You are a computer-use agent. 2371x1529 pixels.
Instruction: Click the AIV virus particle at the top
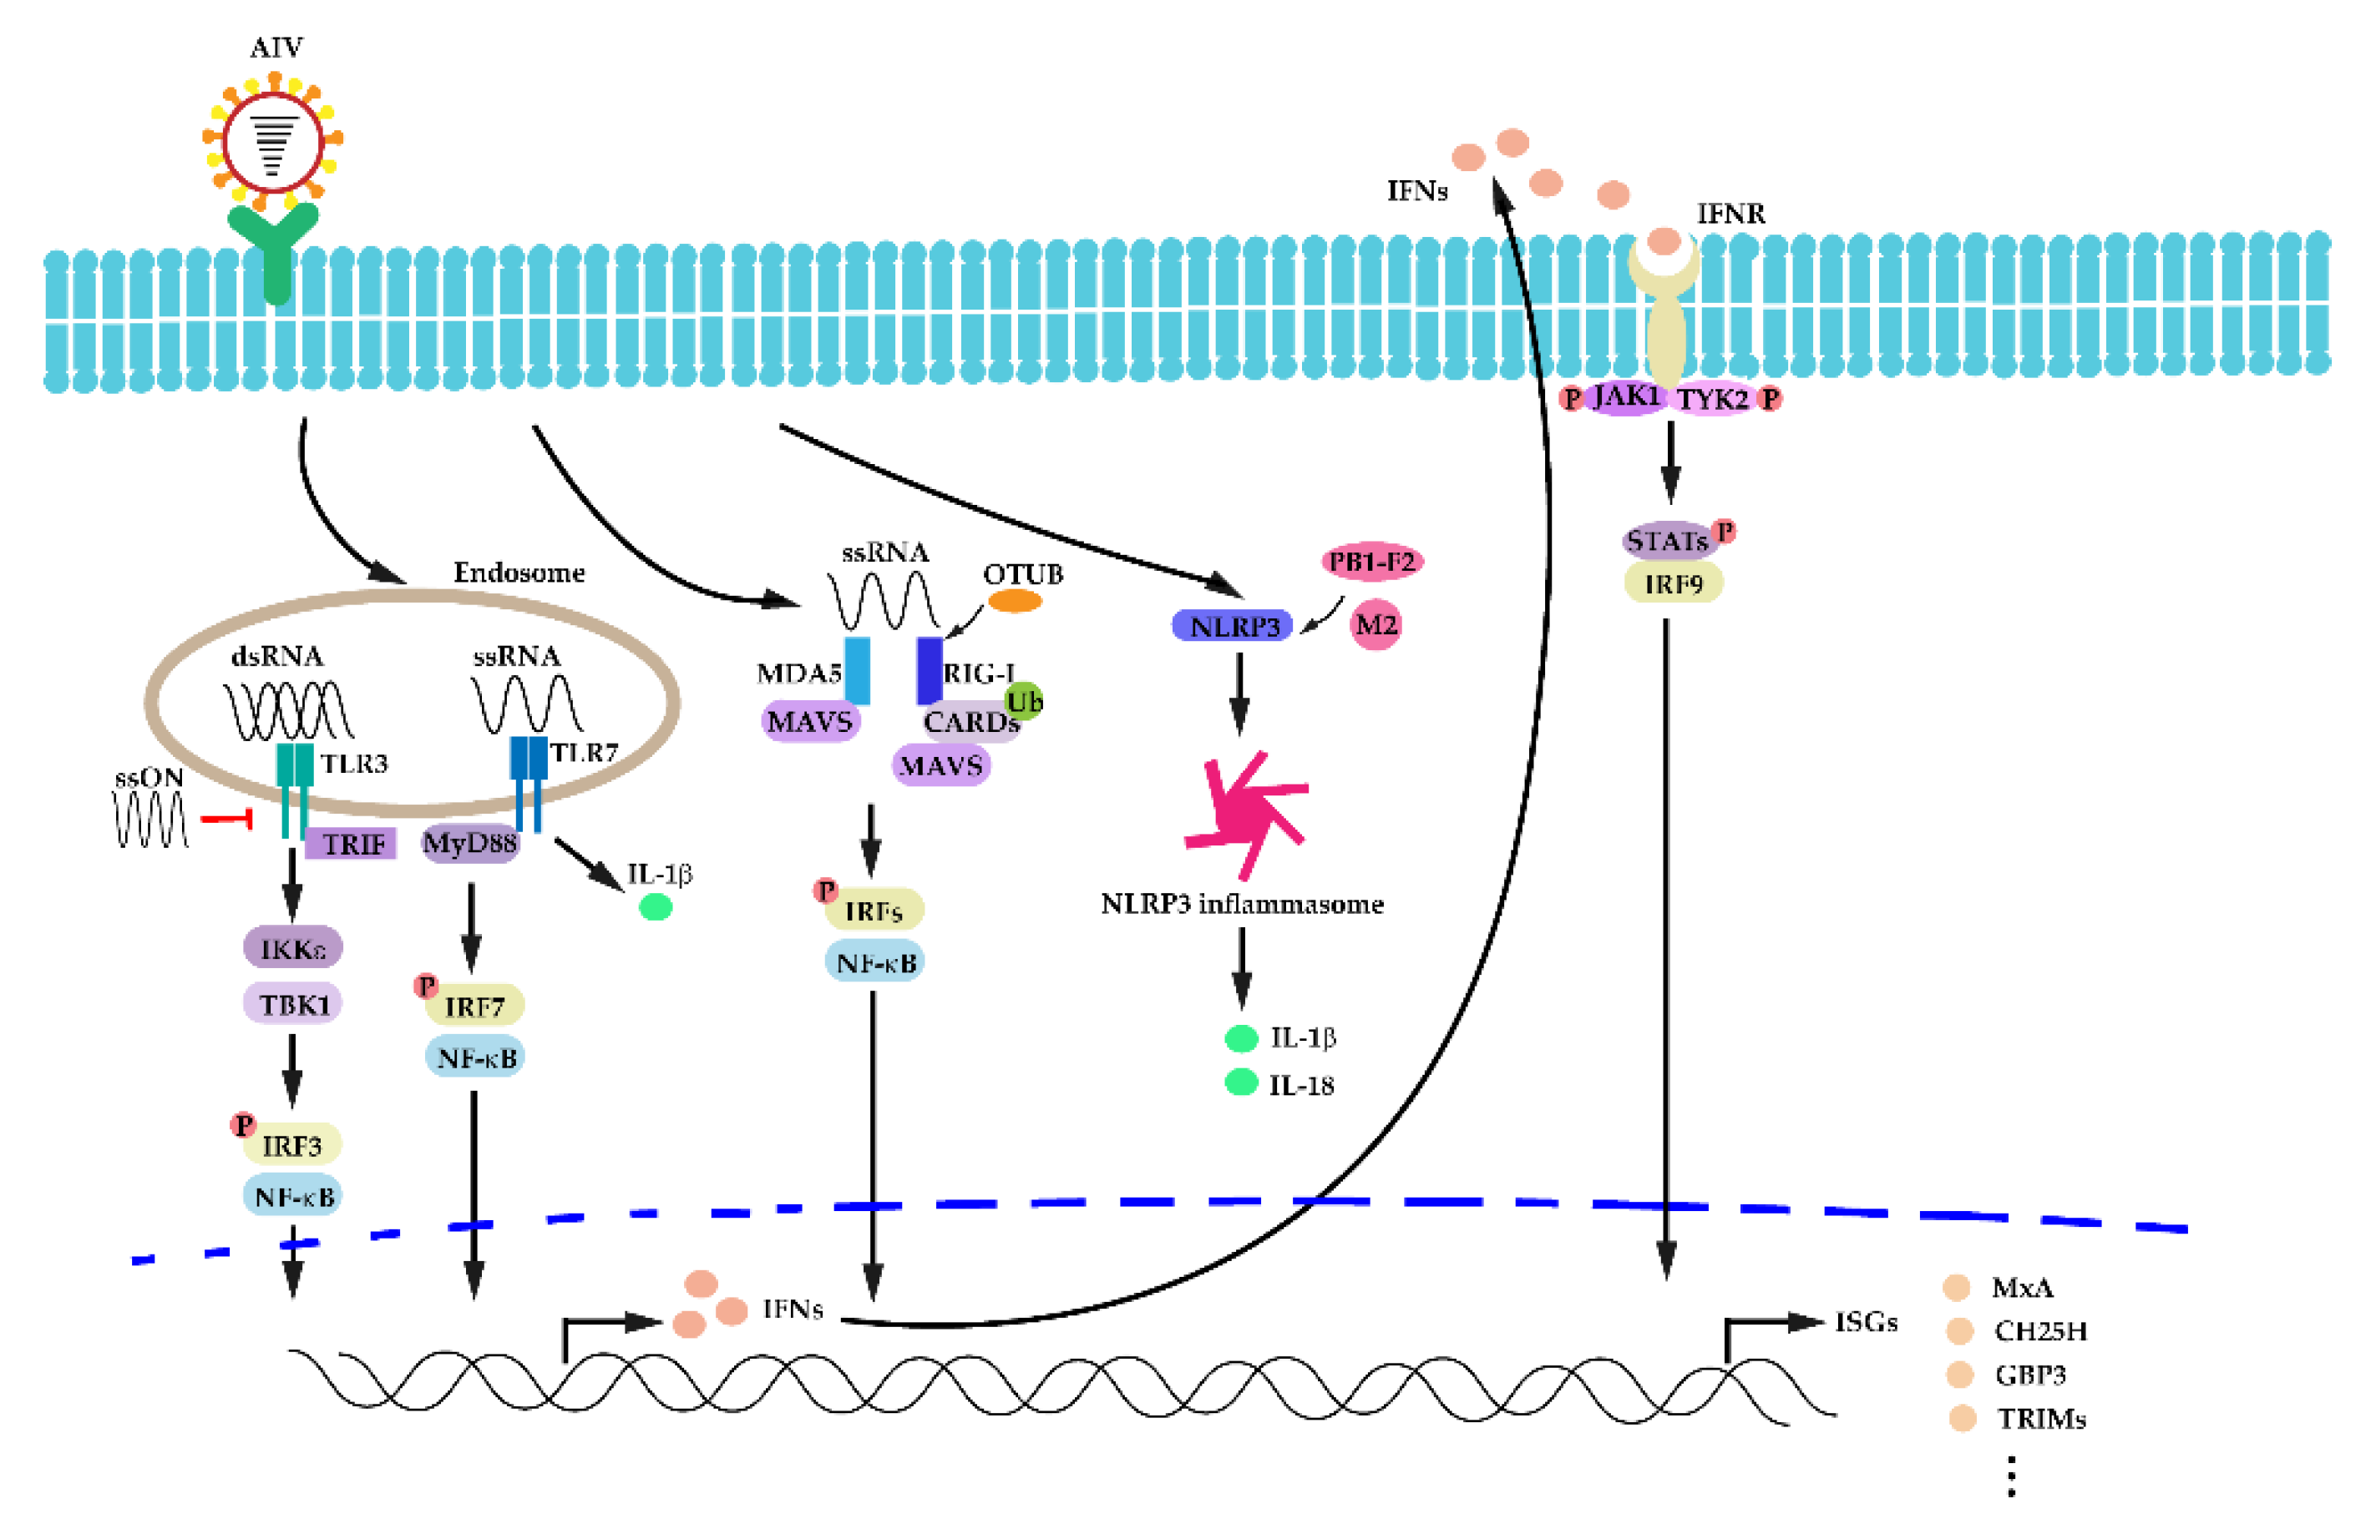pyautogui.click(x=272, y=141)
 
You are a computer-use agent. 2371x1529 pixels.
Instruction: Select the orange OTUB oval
pyautogui.click(x=1013, y=601)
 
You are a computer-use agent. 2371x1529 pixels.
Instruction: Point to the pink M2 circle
pyautogui.click(x=1375, y=624)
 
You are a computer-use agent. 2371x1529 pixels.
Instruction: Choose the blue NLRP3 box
pyautogui.click(x=1233, y=625)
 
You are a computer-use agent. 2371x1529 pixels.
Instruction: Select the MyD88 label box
pyautogui.click(x=470, y=843)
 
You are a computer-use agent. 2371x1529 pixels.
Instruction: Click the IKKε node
pyautogui.click(x=293, y=948)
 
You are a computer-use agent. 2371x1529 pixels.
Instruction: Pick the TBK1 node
pyautogui.click(x=293, y=1004)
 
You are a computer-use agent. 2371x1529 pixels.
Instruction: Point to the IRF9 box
pyautogui.click(x=1673, y=583)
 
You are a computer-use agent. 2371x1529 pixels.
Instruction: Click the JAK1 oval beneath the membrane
pyautogui.click(x=1626, y=397)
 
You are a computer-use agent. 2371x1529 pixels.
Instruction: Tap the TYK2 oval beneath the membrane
pyautogui.click(x=1712, y=399)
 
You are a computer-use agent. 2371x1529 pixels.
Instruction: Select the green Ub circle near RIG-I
pyautogui.click(x=1023, y=702)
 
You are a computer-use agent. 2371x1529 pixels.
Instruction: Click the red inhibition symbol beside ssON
pyautogui.click(x=227, y=819)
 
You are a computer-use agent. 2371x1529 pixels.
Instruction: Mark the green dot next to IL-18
pyautogui.click(x=1241, y=1082)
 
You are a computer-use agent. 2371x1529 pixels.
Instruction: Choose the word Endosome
pyautogui.click(x=519, y=573)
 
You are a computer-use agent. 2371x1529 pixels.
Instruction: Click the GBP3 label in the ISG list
pyautogui.click(x=2029, y=1375)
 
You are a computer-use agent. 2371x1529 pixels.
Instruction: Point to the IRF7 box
pyautogui.click(x=474, y=1007)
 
